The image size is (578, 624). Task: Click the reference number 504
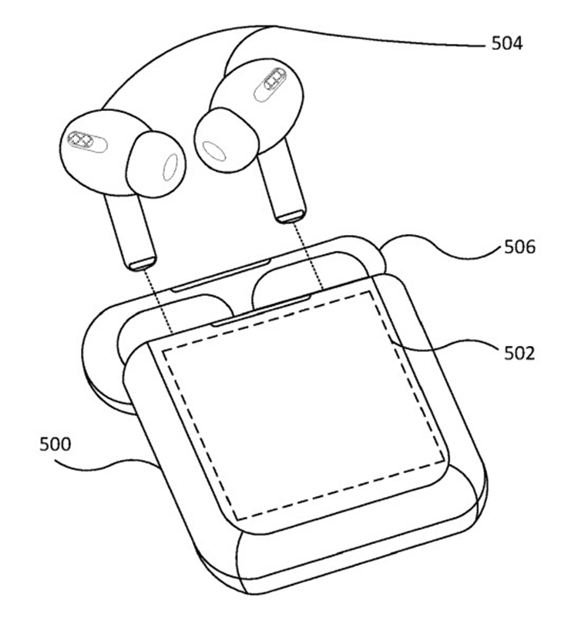tap(507, 43)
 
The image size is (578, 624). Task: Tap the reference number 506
tap(520, 247)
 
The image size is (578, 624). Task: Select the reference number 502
tap(519, 353)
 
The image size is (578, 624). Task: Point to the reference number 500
tap(55, 445)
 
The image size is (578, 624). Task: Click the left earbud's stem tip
tap(141, 263)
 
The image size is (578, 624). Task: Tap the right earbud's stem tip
tap(292, 216)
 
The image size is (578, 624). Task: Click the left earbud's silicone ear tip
tap(156, 164)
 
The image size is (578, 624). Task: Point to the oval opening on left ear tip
tap(171, 166)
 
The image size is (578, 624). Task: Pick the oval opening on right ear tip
tap(214, 151)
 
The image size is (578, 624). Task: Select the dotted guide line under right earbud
tap(308, 256)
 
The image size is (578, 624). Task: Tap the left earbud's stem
tap(130, 231)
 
